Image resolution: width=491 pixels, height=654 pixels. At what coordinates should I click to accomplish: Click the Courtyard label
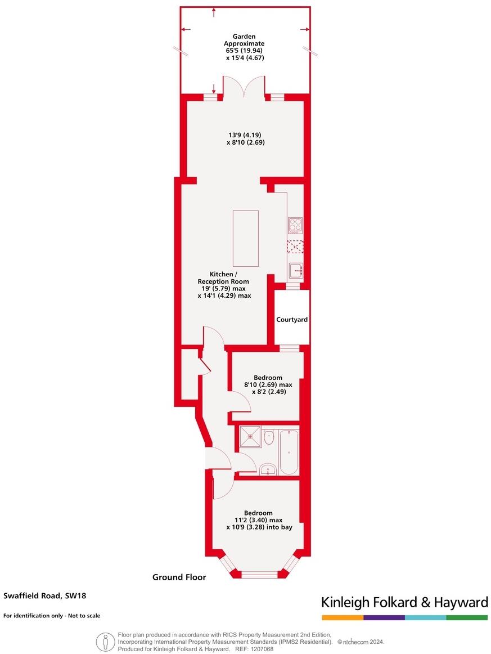292,320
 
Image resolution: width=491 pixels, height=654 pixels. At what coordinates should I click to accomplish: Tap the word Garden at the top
244,36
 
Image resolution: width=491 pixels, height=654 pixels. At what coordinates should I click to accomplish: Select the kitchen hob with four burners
295,225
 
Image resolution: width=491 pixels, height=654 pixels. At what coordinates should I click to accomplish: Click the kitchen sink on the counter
296,271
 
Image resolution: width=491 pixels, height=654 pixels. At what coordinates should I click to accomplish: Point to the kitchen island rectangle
245,239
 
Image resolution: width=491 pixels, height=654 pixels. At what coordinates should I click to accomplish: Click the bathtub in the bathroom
289,453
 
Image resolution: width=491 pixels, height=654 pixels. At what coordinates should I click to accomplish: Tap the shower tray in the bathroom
250,436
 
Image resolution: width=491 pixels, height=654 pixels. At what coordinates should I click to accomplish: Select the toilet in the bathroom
269,437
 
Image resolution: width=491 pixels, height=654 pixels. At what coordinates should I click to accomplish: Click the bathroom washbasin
268,469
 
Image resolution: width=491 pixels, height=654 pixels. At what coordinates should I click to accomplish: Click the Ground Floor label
179,577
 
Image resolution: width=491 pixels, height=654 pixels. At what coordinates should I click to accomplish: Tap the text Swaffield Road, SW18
44,595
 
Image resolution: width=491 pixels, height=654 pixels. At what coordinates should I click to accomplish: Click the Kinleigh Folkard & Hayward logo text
404,602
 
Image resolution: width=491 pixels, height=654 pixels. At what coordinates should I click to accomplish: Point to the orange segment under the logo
343,617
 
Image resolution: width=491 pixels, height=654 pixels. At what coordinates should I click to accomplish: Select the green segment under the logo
467,617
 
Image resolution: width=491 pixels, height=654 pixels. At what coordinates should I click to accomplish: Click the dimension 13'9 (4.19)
245,135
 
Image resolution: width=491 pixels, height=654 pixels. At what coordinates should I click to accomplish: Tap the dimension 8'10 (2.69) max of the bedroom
268,384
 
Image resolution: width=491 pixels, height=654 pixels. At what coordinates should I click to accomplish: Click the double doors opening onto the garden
244,87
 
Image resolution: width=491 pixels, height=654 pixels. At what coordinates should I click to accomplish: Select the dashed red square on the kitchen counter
295,247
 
